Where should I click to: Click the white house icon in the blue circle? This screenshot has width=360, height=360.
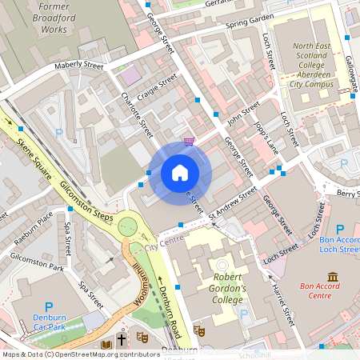(180, 172)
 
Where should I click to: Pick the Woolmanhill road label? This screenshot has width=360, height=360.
(135, 280)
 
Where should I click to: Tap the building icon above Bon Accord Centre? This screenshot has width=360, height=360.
(332, 277)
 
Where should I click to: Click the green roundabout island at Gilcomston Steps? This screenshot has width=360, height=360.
(128, 226)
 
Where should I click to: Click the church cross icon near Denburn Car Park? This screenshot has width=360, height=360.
(122, 340)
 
